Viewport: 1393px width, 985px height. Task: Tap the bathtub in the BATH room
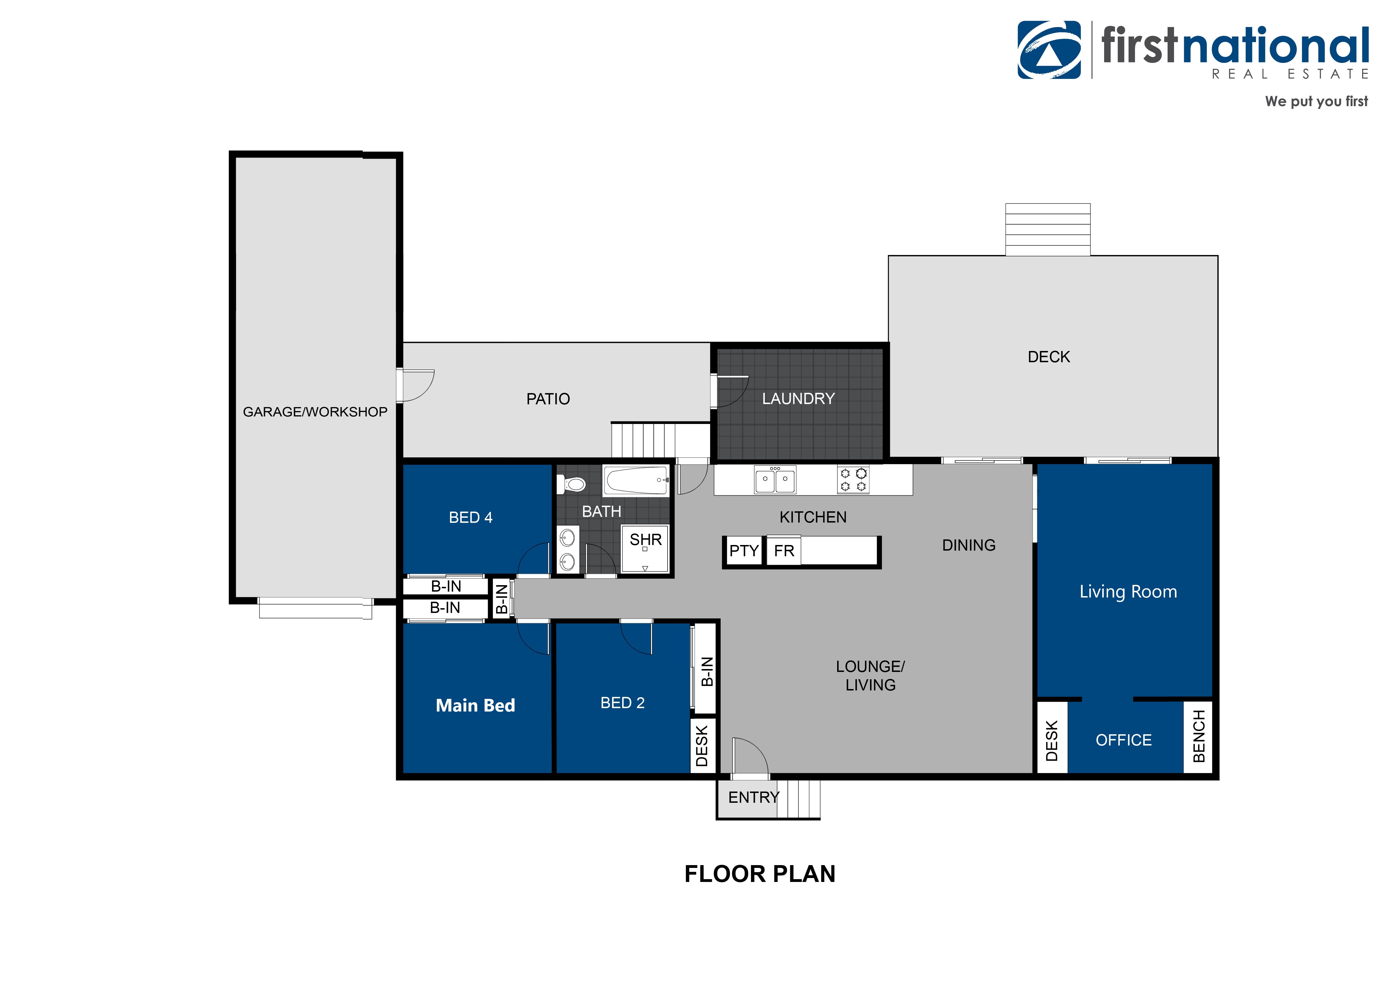pos(636,481)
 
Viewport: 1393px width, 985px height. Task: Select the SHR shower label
pos(645,540)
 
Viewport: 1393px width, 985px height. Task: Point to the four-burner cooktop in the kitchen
pos(853,480)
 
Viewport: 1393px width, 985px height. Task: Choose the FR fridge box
pos(784,551)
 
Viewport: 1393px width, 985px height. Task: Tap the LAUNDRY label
pos(798,399)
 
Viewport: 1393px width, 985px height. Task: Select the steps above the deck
pos(1048,229)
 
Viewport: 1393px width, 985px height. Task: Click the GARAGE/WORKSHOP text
pos(315,412)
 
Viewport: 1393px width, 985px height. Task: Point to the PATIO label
pos(548,399)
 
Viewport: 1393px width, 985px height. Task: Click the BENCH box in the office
pos(1198,737)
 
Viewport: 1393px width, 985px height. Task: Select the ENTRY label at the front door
pos(753,797)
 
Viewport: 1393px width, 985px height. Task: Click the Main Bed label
pos(476,705)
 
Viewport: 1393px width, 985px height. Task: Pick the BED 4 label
pos(471,518)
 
